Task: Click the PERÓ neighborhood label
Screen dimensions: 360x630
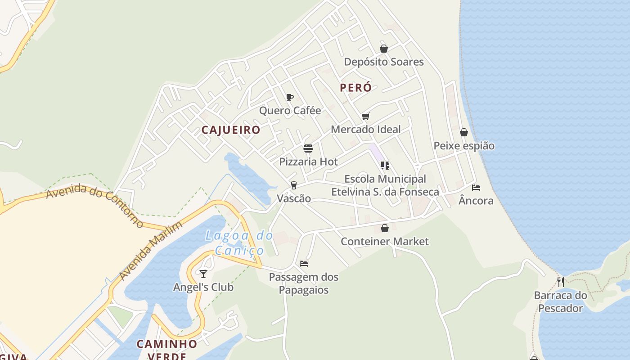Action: [x=355, y=88]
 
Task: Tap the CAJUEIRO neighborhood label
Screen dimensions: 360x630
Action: [x=230, y=130]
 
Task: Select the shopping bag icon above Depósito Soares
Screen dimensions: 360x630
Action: [x=384, y=49]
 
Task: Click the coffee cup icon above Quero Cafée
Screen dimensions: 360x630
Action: [x=290, y=97]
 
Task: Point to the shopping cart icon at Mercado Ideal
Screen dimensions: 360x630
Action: [x=366, y=117]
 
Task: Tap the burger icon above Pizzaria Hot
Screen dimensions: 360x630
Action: [x=308, y=148]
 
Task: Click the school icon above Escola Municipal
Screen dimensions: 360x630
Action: [x=385, y=166]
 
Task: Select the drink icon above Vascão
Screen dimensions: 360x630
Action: [x=294, y=185]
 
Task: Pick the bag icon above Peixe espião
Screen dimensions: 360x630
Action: [x=464, y=132]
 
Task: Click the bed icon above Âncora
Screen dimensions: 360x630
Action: [x=476, y=187]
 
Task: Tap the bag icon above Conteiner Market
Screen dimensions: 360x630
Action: [x=385, y=228]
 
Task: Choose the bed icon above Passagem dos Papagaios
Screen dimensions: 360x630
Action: [x=304, y=264]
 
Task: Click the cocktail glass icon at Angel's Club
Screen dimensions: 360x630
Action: [x=203, y=274]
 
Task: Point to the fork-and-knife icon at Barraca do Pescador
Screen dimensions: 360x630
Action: [x=561, y=282]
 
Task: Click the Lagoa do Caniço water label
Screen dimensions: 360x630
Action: [x=239, y=243]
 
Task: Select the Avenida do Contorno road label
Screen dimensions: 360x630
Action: [x=94, y=205]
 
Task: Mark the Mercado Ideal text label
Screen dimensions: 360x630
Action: [x=365, y=130]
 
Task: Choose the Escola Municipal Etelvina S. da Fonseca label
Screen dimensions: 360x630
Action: [x=385, y=185]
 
